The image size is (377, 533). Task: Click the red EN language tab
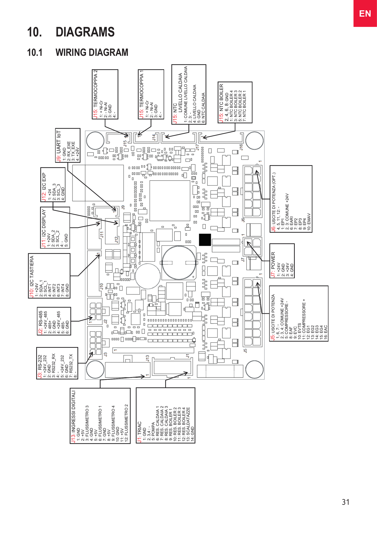pos(365,13)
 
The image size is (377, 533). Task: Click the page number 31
pos(346,502)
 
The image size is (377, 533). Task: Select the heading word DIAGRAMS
pos(85,32)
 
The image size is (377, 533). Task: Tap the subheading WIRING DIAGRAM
pos(92,53)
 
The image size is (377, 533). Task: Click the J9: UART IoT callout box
pos(68,146)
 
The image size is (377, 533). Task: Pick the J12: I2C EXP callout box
pos(53,185)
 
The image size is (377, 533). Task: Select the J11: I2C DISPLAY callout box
pos(55,228)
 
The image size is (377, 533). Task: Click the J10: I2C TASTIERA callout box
pos(49,276)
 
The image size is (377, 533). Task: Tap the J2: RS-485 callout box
pos(54,321)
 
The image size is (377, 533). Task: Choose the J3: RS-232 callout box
pos(57,363)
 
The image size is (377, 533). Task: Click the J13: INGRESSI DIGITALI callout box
pos(100,416)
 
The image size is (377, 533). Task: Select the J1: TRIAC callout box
pos(165,415)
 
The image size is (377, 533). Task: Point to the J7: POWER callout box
pos(282,261)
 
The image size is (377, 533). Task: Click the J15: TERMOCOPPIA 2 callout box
pos(105,94)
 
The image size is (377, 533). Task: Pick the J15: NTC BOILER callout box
pos(235,102)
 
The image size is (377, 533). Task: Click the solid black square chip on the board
pos(205,239)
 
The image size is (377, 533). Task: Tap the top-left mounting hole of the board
pos(95,140)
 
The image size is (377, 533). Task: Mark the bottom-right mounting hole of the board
pos(254,369)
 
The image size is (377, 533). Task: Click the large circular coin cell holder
pos(179,262)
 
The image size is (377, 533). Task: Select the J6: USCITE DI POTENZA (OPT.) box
pos(291,199)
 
